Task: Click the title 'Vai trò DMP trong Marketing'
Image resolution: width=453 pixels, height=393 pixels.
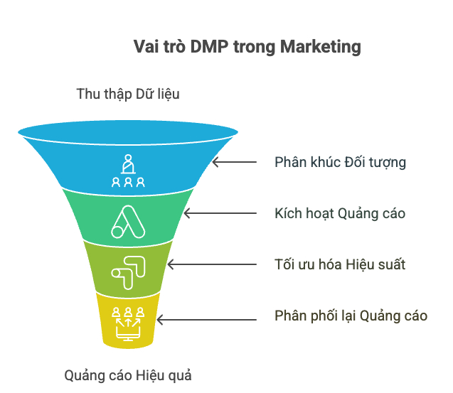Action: pos(247,47)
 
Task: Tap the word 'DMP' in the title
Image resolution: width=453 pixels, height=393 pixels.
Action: pos(209,46)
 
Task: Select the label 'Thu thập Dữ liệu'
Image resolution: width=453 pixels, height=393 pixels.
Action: pos(128,94)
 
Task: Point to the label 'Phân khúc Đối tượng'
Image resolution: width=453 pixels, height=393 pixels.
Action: pos(340,162)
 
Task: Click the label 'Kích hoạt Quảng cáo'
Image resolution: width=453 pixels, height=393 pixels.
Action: pos(340,214)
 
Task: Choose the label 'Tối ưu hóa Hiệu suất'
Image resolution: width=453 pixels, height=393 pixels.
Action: pos(340,264)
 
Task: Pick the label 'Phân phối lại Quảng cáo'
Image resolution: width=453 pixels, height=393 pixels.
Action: pos(351,316)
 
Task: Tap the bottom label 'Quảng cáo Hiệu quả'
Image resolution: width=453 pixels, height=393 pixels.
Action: pos(128,376)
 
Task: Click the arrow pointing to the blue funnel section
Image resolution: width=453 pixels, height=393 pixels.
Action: pos(234,162)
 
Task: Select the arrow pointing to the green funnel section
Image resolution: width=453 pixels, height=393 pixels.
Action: pos(220,213)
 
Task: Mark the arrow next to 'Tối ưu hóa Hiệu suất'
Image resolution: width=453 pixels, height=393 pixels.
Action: pos(212,264)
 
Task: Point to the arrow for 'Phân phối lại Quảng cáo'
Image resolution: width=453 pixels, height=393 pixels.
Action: pos(206,320)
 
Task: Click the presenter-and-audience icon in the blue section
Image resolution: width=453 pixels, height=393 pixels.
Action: pos(128,171)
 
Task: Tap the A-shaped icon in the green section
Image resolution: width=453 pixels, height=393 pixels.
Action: pos(128,222)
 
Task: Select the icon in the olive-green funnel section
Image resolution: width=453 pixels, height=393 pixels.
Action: pos(129,273)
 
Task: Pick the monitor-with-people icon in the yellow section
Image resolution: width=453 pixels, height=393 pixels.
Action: pos(128,324)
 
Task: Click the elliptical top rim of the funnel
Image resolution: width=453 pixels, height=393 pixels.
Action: pos(128,132)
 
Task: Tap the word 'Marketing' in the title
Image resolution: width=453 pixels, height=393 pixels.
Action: pos(321,47)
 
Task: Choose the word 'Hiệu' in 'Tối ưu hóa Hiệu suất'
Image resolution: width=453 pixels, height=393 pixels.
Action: pos(360,264)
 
